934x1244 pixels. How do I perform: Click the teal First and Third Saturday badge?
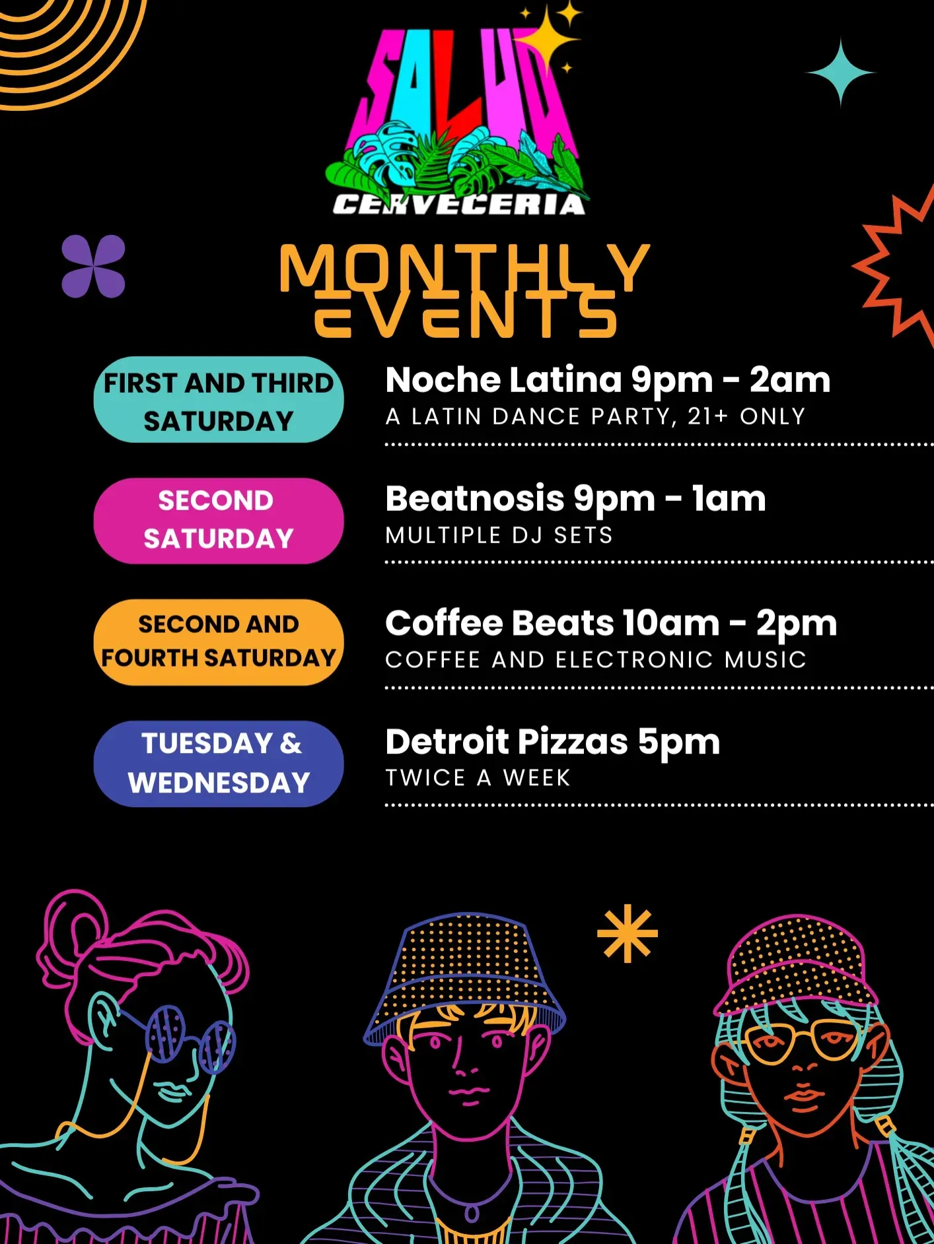(219, 400)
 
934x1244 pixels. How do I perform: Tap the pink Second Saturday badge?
(219, 521)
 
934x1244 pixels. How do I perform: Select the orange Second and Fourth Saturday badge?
(219, 642)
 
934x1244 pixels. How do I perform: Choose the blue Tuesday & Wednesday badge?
(219, 764)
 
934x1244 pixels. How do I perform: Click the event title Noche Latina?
(504, 380)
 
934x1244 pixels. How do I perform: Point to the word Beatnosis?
(475, 498)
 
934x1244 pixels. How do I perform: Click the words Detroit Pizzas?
(507, 742)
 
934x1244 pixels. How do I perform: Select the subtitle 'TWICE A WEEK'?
(478, 778)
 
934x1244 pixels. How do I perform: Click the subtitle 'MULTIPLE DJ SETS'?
(499, 535)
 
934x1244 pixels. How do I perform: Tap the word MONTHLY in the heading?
(465, 268)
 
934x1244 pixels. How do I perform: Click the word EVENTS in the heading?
(465, 315)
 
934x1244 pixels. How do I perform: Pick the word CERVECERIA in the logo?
(459, 205)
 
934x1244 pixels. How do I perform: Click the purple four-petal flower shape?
(93, 267)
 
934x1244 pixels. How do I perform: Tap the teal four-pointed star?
(840, 73)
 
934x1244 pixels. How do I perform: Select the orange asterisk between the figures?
(628, 933)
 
